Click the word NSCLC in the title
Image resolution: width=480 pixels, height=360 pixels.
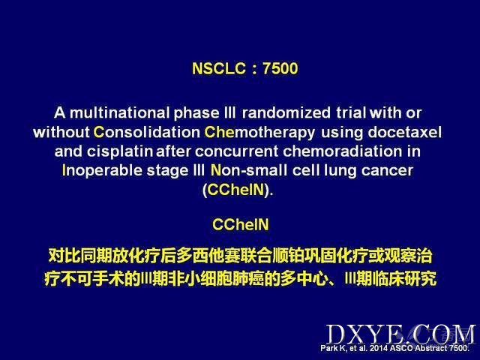[x=219, y=68]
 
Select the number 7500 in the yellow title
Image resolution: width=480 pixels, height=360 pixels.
[x=280, y=68]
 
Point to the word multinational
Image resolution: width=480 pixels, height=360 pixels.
[x=119, y=112]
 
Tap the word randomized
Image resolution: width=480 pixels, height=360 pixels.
[x=286, y=112]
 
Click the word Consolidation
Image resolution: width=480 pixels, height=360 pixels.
[x=147, y=132]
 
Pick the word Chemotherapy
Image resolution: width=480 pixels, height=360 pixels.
[x=259, y=133]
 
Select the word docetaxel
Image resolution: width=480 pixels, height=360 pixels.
[x=405, y=132]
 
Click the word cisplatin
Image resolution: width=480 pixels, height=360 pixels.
[x=120, y=151]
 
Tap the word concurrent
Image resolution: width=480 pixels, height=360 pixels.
[x=237, y=151]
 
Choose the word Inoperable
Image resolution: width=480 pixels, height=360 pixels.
[x=102, y=171]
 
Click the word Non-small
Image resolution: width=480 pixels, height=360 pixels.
[x=249, y=170]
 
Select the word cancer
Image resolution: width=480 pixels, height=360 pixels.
[x=387, y=171]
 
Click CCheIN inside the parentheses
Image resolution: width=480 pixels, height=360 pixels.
[x=235, y=190]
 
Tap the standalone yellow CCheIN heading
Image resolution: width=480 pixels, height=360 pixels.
[x=241, y=225]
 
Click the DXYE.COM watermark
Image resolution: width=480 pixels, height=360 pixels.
[x=400, y=335]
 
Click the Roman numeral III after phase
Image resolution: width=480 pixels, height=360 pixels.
[x=229, y=112]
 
